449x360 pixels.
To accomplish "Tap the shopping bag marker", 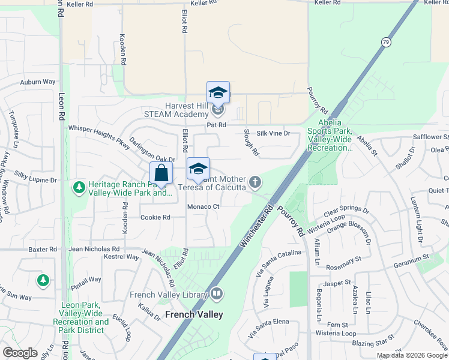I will coord(161,173).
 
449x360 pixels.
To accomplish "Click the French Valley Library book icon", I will coord(217,294).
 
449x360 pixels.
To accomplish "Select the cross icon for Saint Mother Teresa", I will coord(255,182).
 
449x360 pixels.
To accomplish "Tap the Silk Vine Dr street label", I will coord(274,134).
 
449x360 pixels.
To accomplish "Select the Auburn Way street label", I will coord(37,82).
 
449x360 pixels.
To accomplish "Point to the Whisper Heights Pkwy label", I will coord(99,133).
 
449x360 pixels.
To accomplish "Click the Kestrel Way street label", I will coord(122,256).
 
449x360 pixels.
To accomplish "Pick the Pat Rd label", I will coord(216,125).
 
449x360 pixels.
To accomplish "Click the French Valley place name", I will coord(194,314).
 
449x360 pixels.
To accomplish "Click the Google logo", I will coord(20,352).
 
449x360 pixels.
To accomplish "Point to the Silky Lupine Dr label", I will coord(35,180).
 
